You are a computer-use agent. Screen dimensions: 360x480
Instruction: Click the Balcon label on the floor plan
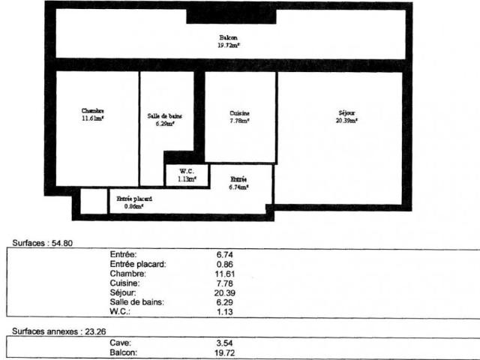(229, 37)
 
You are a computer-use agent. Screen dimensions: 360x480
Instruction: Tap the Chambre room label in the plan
(93, 112)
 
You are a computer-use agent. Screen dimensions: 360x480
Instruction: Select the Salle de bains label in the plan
(165, 116)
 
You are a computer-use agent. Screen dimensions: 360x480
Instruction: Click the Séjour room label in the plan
(346, 113)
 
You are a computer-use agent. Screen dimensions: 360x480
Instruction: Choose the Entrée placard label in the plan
(134, 199)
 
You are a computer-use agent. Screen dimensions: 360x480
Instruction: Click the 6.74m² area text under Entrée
(239, 187)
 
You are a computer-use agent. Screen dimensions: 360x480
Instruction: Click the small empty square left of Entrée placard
(94, 202)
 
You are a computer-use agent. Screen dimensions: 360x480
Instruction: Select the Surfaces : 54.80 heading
(43, 243)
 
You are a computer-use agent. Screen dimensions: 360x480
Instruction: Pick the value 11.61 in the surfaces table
(225, 274)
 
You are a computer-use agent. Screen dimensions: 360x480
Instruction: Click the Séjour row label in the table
(123, 292)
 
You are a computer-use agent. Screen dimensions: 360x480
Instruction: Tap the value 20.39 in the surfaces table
(225, 292)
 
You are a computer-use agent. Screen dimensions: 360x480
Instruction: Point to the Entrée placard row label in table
(139, 264)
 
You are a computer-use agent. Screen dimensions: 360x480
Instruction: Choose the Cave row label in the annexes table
(120, 342)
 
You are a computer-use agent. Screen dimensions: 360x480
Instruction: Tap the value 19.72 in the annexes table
(225, 352)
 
